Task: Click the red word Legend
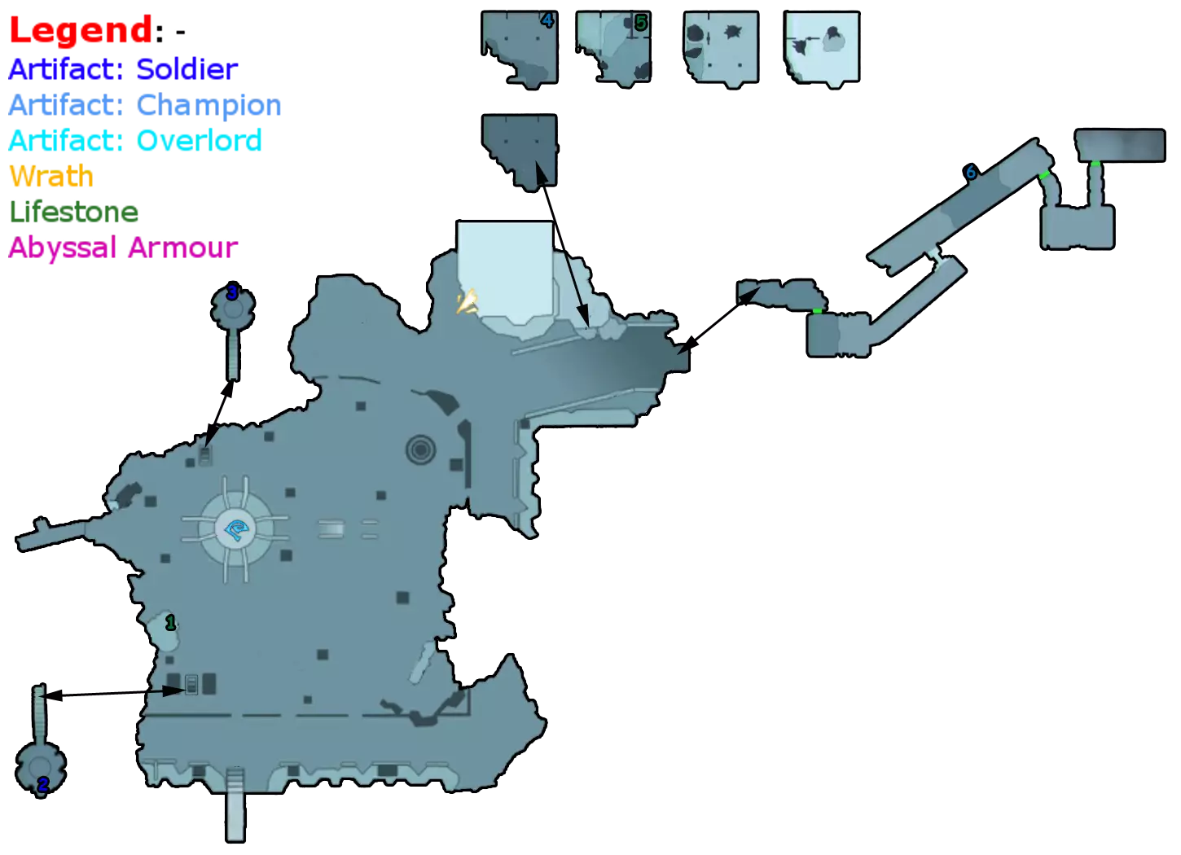click(x=80, y=31)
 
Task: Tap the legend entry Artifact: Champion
click(x=146, y=105)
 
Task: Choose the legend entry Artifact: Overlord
click(x=135, y=141)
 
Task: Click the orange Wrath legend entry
click(x=50, y=177)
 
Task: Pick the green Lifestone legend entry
click(x=73, y=213)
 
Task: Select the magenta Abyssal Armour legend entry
click(x=123, y=248)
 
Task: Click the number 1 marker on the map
click(x=170, y=624)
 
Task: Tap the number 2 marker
click(x=42, y=785)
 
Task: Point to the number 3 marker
click(x=232, y=292)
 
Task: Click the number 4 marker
click(x=547, y=21)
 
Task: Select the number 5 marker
click(x=641, y=24)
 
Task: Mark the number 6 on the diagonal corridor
click(x=971, y=173)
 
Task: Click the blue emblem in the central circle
click(x=239, y=531)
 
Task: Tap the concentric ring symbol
click(x=420, y=449)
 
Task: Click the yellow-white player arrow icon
click(x=468, y=304)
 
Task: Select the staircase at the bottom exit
click(x=235, y=802)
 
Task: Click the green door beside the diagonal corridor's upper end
click(x=1043, y=175)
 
